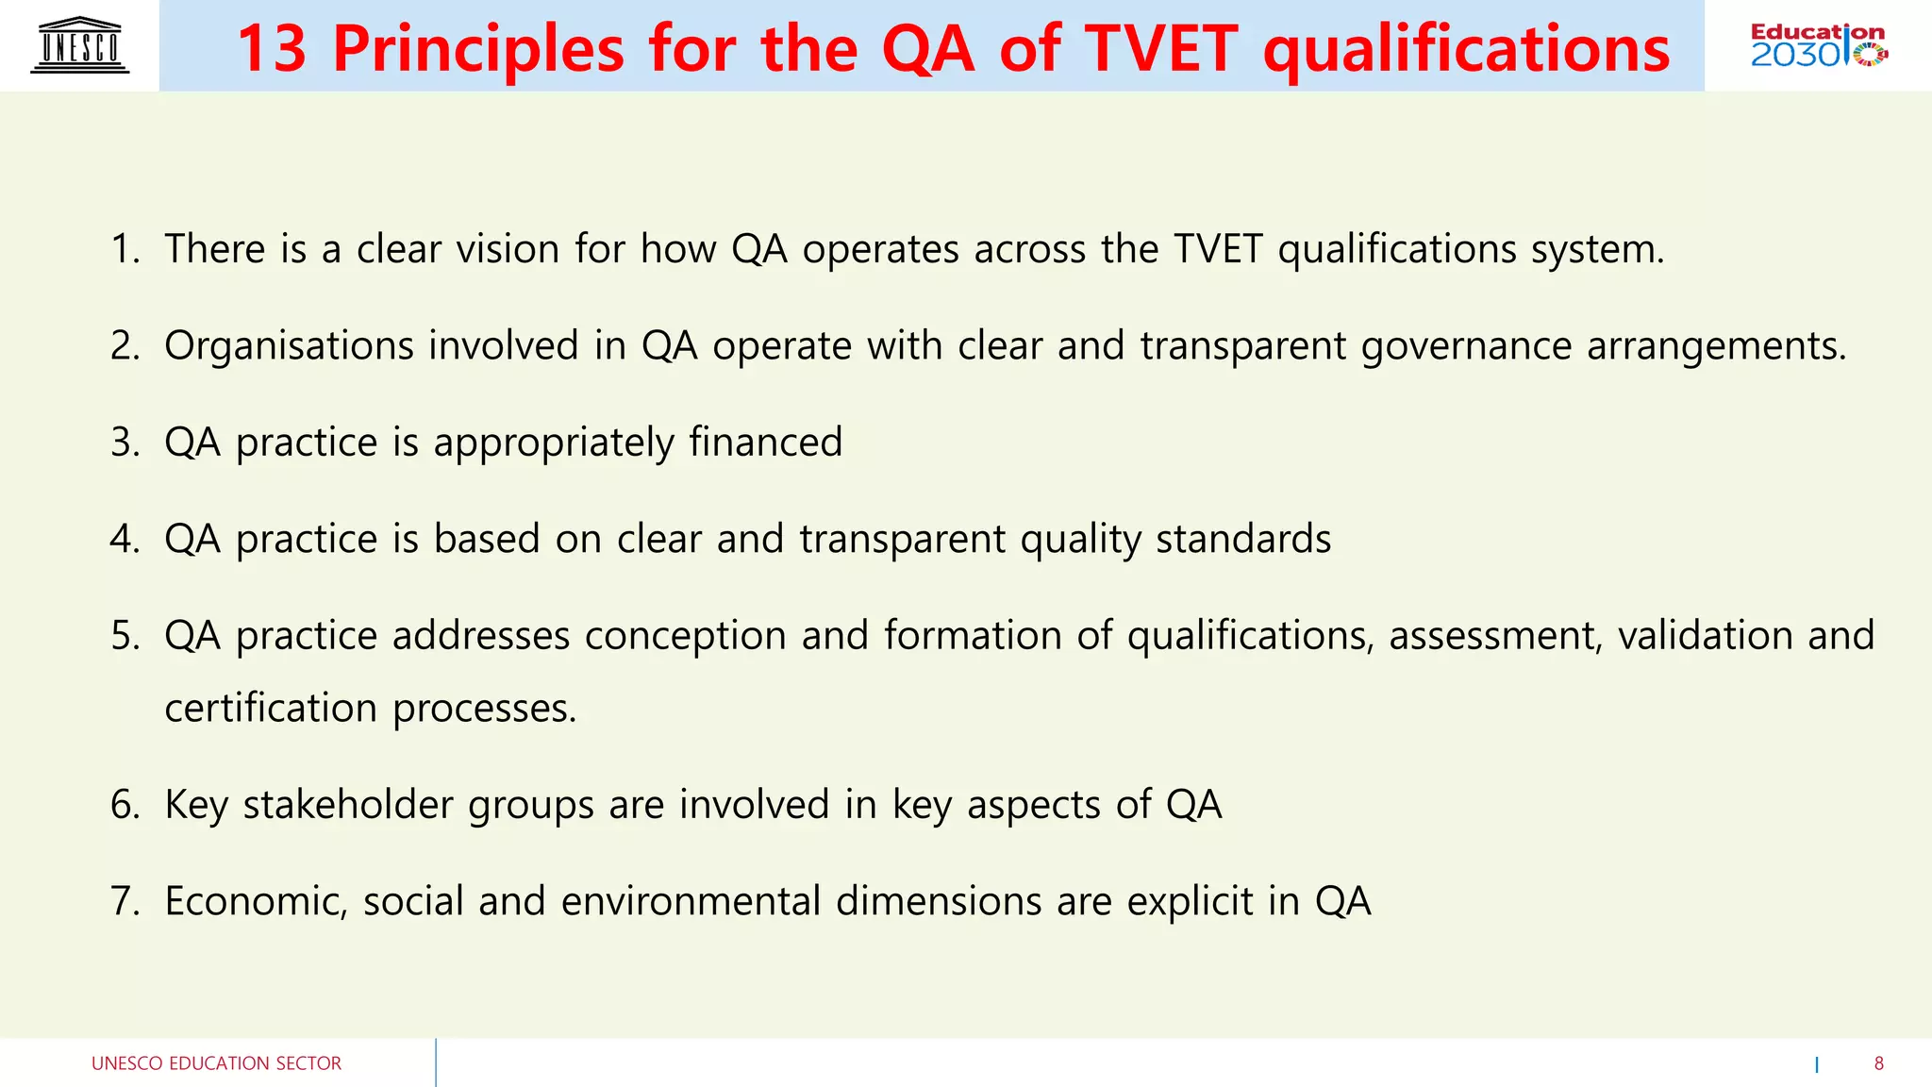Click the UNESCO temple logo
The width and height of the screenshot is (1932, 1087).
80,45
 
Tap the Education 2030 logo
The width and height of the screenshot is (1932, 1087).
1818,45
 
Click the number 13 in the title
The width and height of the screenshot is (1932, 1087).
272,49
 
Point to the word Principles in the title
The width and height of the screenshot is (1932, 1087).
478,49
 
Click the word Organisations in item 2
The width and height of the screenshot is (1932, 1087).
289,346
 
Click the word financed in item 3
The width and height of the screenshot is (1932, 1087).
765,443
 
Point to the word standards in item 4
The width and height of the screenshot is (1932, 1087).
1243,539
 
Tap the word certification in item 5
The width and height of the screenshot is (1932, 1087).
271,709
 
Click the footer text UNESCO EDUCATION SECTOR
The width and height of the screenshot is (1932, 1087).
216,1063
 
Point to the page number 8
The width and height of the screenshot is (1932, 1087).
1878,1063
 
